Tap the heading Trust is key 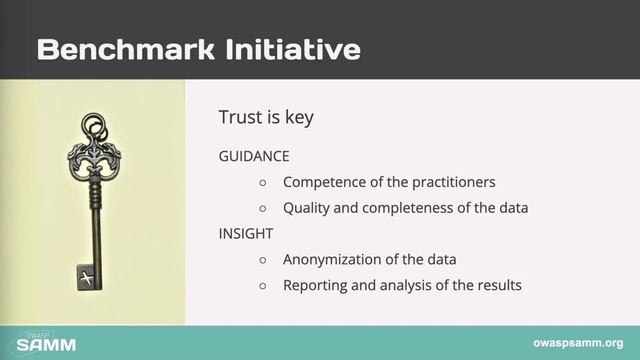[266, 117]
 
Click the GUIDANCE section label [254, 157]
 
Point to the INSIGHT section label [246, 233]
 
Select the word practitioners [453, 183]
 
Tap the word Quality [308, 208]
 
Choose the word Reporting [318, 285]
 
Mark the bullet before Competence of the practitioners [263, 183]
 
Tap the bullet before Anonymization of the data [263, 260]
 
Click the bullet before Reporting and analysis [263, 286]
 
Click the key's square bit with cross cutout [87, 275]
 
